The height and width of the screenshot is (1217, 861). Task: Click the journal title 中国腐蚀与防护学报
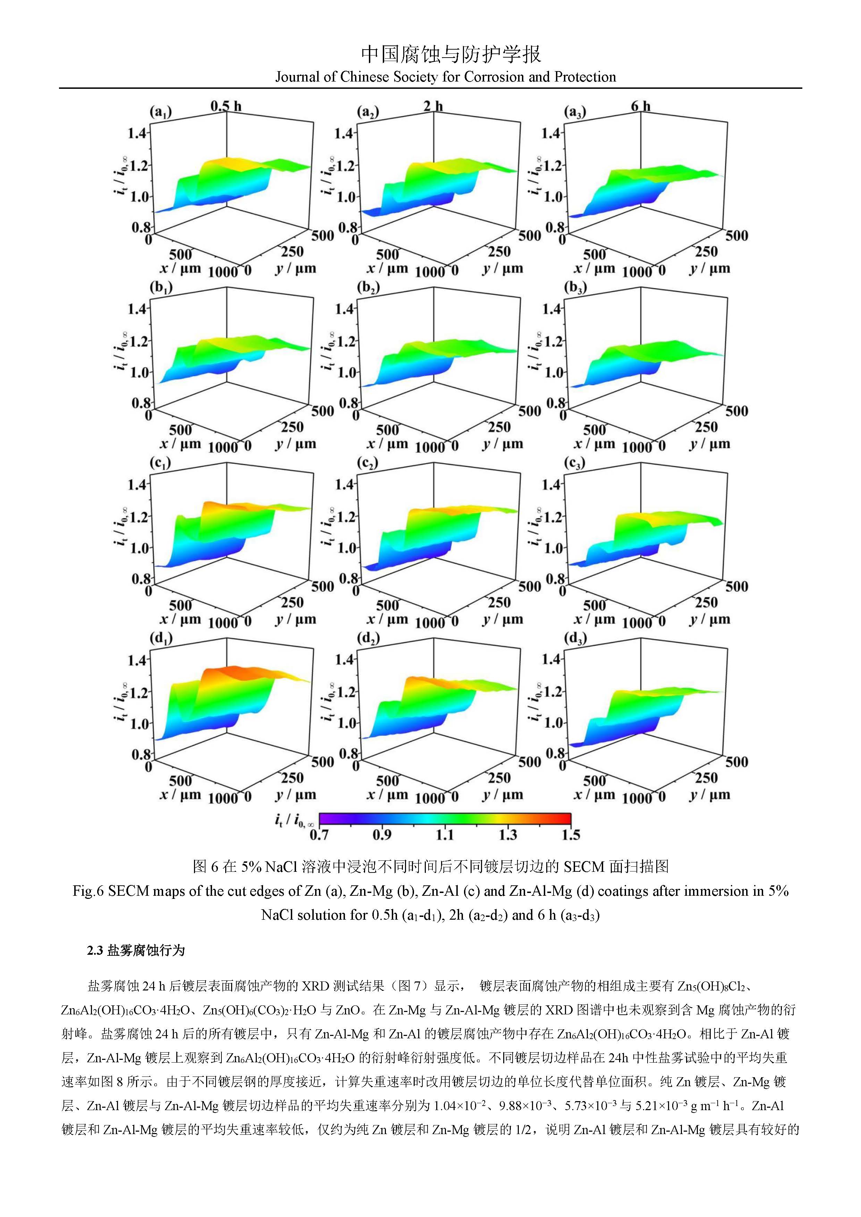(x=451, y=54)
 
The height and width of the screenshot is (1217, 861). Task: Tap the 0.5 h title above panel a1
(x=226, y=106)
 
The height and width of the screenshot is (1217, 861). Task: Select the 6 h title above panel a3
(x=640, y=106)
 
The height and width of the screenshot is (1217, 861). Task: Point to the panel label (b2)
(x=368, y=288)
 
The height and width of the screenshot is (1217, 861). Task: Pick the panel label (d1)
(x=161, y=639)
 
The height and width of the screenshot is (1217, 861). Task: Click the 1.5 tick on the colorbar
(x=571, y=835)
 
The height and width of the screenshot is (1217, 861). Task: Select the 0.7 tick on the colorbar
(x=319, y=835)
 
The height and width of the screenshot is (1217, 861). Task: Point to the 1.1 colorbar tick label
(x=444, y=835)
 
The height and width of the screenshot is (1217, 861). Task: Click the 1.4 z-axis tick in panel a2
(x=345, y=133)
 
